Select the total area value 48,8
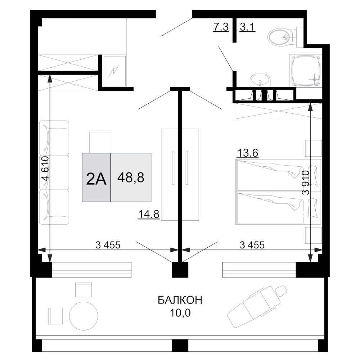point(131,177)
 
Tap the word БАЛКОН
point(180,300)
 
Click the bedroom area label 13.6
point(247,153)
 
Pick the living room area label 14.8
point(149,215)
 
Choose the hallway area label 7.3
point(221,27)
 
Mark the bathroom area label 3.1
point(247,27)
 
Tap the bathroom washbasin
point(260,80)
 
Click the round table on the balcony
point(84,316)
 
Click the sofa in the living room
point(54,173)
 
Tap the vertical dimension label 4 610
point(45,169)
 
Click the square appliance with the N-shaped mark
point(114,71)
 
